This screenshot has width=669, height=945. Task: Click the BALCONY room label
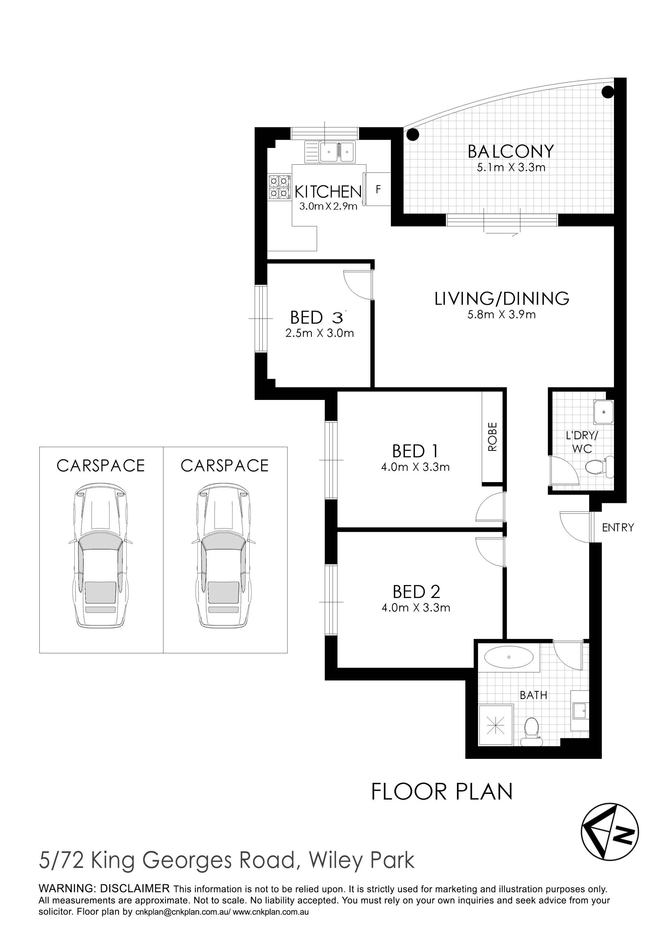(510, 151)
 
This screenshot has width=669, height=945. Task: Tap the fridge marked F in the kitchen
(377, 189)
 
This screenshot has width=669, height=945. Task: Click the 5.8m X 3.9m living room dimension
(501, 315)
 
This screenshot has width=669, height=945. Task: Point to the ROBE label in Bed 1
(492, 437)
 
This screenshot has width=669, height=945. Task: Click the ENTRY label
(618, 527)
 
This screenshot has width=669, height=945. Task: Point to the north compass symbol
(610, 832)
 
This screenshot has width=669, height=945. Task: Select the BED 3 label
(316, 317)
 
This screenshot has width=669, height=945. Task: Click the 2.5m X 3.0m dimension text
(320, 333)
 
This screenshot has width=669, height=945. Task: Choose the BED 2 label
(416, 592)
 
